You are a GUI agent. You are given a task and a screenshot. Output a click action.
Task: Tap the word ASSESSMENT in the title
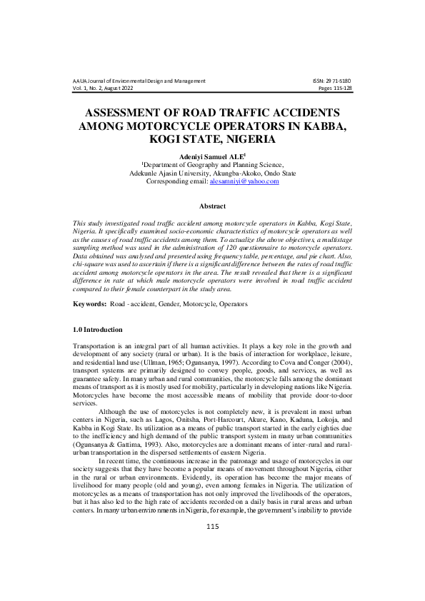(130, 114)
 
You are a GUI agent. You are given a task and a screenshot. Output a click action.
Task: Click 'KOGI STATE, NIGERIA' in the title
(212, 140)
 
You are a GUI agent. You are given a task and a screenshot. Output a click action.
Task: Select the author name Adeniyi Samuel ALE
(211, 156)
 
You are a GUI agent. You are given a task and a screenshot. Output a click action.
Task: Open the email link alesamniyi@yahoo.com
(244, 181)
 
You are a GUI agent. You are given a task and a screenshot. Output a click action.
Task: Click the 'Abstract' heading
(212, 206)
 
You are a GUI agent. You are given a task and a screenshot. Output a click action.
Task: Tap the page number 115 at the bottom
(212, 547)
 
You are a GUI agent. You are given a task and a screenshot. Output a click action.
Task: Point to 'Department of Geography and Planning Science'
(212, 164)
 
